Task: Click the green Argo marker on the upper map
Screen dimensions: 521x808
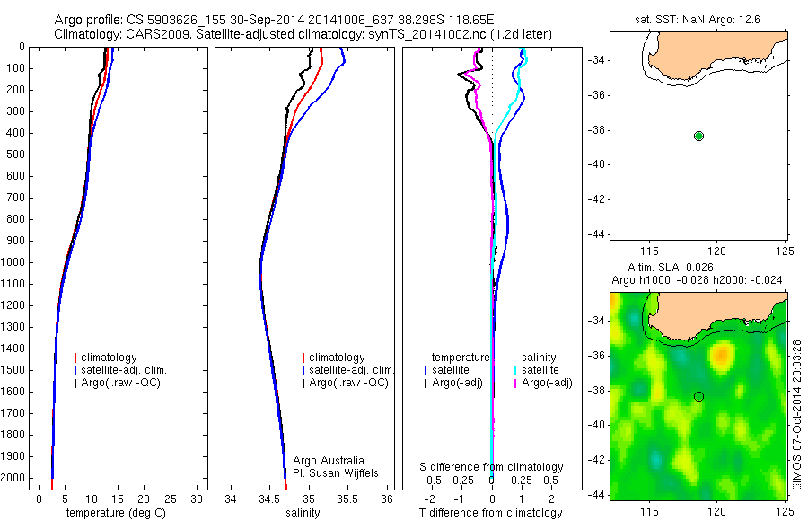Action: click(699, 136)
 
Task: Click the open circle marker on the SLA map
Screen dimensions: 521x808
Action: click(698, 396)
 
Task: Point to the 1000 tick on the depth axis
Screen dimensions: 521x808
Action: click(14, 263)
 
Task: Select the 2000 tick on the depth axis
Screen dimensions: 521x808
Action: click(14, 479)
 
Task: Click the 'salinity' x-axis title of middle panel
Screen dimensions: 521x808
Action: click(302, 513)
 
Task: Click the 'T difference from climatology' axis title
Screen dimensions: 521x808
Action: click(490, 513)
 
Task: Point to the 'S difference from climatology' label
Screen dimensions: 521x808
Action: click(492, 467)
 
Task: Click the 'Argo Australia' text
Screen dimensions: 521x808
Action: click(329, 461)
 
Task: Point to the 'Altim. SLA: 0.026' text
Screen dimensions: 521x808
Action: click(696, 269)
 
